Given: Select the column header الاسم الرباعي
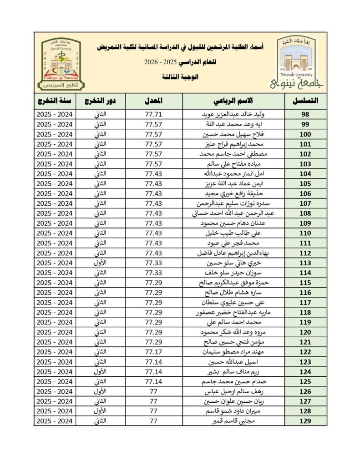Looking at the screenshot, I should [233, 101].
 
